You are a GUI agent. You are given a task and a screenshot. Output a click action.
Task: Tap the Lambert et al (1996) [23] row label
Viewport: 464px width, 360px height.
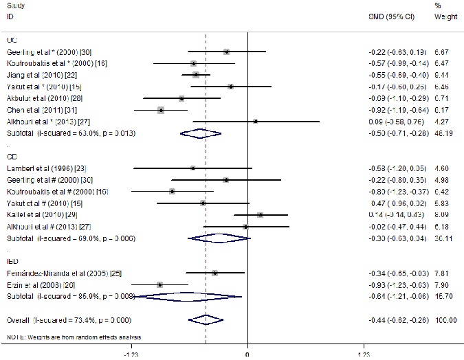coord(38,168)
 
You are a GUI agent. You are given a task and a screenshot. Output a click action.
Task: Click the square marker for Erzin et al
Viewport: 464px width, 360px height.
coord(159,284)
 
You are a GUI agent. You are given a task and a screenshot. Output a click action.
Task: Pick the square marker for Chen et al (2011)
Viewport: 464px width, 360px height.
coord(160,110)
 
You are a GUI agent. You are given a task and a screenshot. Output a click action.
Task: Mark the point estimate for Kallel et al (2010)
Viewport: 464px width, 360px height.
coord(260,215)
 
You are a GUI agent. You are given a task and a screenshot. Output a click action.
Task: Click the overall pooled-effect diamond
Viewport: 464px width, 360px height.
coord(206,319)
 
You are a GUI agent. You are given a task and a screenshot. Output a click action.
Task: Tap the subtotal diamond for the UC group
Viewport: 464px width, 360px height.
coord(201,133)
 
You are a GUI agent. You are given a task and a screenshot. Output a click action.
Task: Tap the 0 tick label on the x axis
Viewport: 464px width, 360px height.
coord(247,353)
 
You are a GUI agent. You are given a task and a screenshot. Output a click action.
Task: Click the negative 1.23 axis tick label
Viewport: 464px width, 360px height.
coord(131,353)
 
